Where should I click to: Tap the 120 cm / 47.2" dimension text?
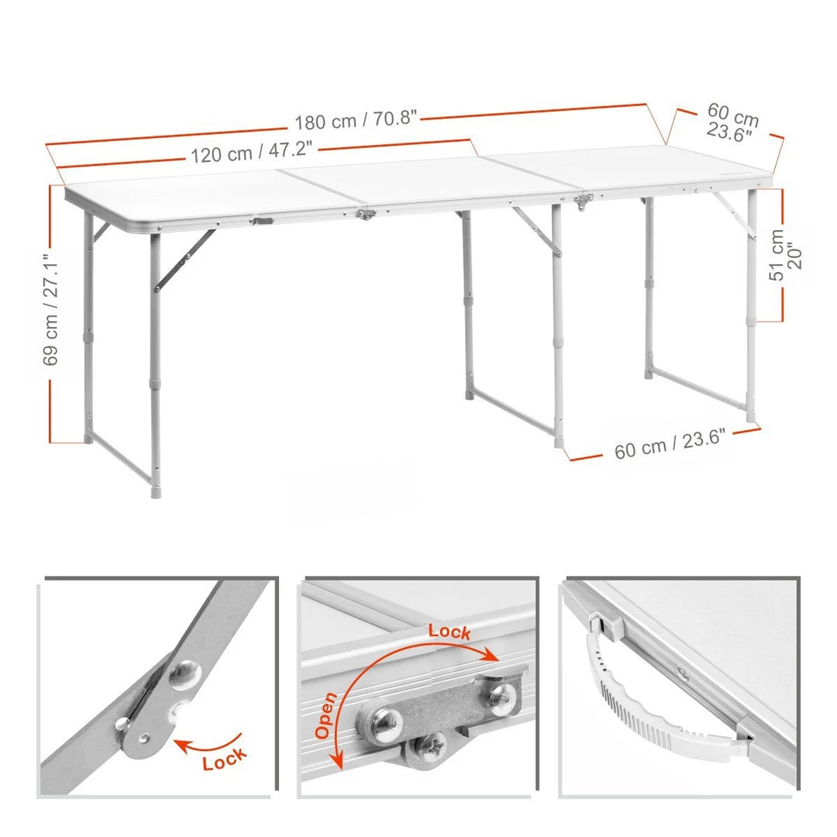point(251,152)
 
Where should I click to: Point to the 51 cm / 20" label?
point(785,255)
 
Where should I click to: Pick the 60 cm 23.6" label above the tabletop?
point(732,122)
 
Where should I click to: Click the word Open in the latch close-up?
point(325,715)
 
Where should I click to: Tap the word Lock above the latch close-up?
point(449,632)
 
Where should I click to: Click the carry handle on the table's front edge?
point(263,220)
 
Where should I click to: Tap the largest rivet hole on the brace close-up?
point(185,673)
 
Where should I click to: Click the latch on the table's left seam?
point(366,215)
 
